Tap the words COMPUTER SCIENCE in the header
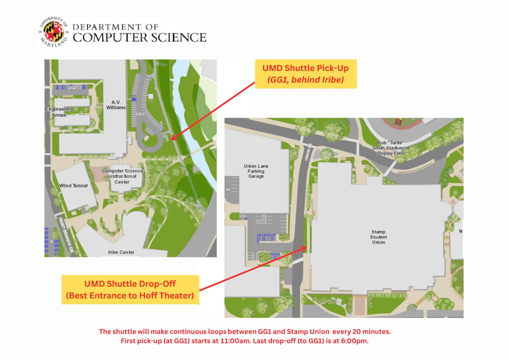click(140, 37)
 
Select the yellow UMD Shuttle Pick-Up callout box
click(305, 74)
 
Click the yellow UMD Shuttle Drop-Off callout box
click(130, 290)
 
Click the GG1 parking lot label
click(140, 114)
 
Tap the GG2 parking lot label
click(72, 87)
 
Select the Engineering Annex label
click(59, 112)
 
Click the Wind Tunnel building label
click(73, 186)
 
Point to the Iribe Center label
click(121, 252)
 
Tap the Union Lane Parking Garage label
click(256, 171)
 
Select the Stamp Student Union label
click(378, 237)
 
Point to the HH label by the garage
click(228, 189)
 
